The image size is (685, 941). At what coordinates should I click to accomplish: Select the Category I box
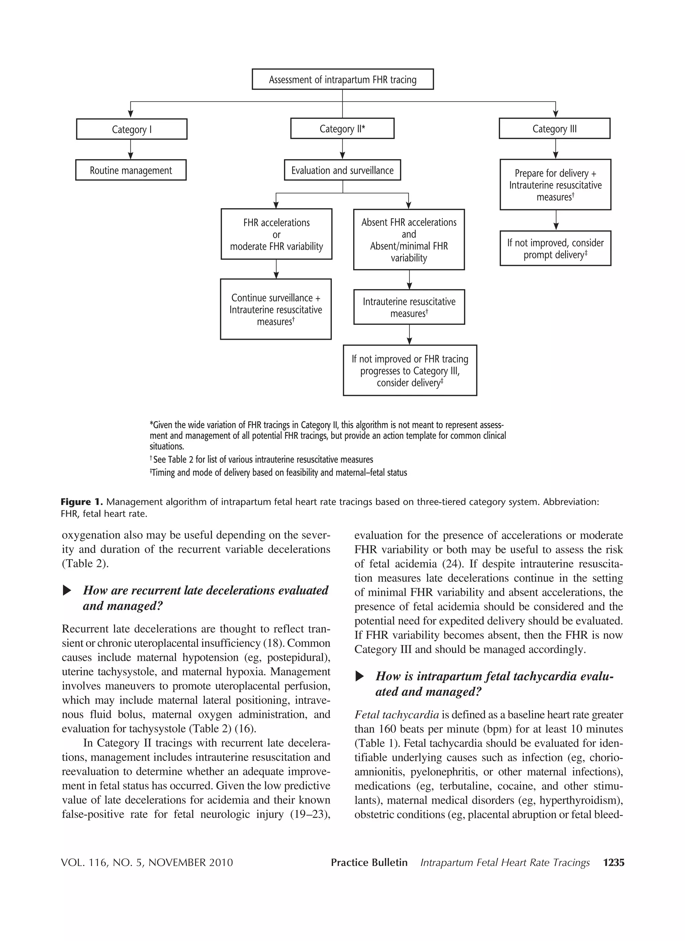pyautogui.click(x=132, y=129)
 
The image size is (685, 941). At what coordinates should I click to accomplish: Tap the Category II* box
pyautogui.click(x=342, y=129)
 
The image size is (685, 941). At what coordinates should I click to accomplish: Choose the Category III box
pyautogui.click(x=555, y=129)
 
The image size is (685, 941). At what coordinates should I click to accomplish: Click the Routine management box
pyautogui.click(x=131, y=170)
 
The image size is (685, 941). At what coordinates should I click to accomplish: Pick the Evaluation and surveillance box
pyautogui.click(x=342, y=170)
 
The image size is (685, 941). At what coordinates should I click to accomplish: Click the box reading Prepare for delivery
pyautogui.click(x=556, y=185)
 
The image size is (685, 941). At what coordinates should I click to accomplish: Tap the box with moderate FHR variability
pyautogui.click(x=276, y=234)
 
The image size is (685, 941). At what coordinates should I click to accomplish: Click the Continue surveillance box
pyautogui.click(x=276, y=309)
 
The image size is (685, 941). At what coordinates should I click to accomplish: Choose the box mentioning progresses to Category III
pyautogui.click(x=410, y=370)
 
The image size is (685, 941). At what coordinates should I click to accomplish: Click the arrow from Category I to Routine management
pyautogui.click(x=130, y=149)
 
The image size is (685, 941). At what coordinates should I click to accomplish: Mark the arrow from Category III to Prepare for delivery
pyautogui.click(x=556, y=149)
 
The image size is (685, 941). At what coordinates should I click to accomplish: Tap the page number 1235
pyautogui.click(x=613, y=862)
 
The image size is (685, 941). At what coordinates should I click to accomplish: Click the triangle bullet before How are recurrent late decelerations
pyautogui.click(x=67, y=590)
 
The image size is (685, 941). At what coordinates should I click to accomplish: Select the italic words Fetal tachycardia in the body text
pyautogui.click(x=396, y=714)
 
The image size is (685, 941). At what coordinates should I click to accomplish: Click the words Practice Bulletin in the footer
pyautogui.click(x=369, y=862)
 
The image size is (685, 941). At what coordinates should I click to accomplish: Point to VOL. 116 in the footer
pyautogui.click(x=86, y=862)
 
